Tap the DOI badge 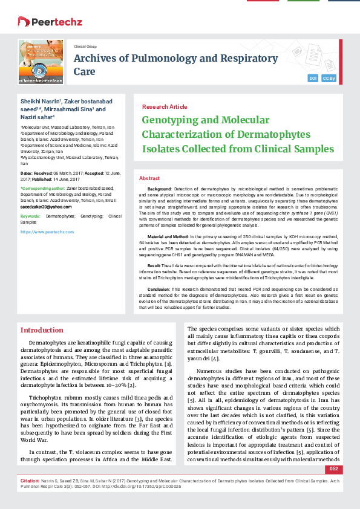313,79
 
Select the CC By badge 329,79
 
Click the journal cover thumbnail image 41,61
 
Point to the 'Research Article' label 165,106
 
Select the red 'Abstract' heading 149,179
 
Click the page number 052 334,485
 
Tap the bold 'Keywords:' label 31,216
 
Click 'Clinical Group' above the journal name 85,46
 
